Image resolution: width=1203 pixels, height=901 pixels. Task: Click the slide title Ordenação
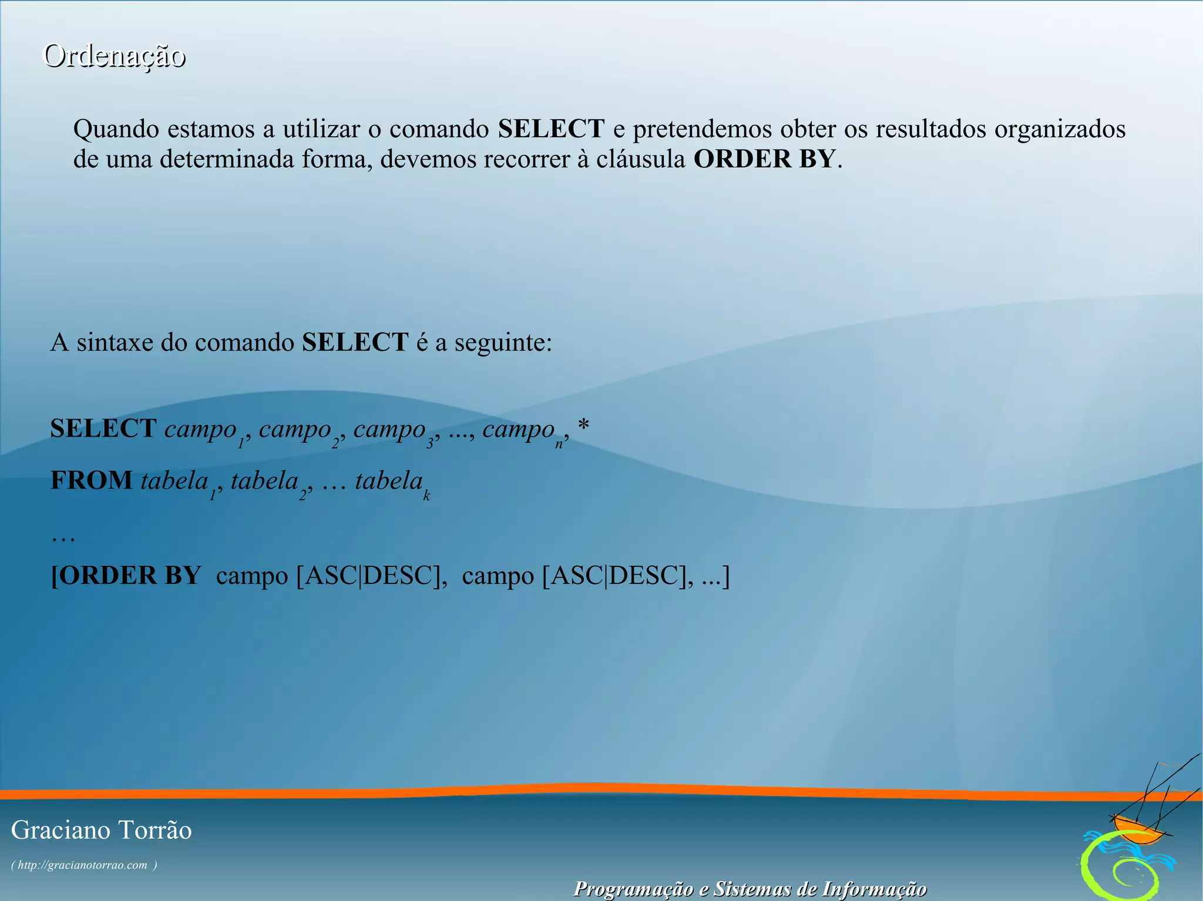[115, 56]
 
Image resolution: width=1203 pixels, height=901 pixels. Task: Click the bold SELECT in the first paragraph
[551, 129]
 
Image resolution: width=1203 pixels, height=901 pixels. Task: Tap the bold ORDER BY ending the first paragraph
[764, 160]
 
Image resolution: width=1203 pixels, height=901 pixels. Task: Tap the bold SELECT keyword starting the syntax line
[103, 428]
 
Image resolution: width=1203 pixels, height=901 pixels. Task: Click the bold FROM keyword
[92, 480]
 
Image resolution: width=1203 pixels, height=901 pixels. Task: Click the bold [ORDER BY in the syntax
[126, 575]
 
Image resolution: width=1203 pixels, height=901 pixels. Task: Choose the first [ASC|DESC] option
[368, 575]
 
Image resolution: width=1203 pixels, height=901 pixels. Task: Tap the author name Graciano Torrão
[102, 831]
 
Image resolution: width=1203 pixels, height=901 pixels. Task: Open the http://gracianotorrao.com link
[83, 865]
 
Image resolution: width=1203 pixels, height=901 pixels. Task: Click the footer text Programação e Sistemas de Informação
[750, 889]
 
